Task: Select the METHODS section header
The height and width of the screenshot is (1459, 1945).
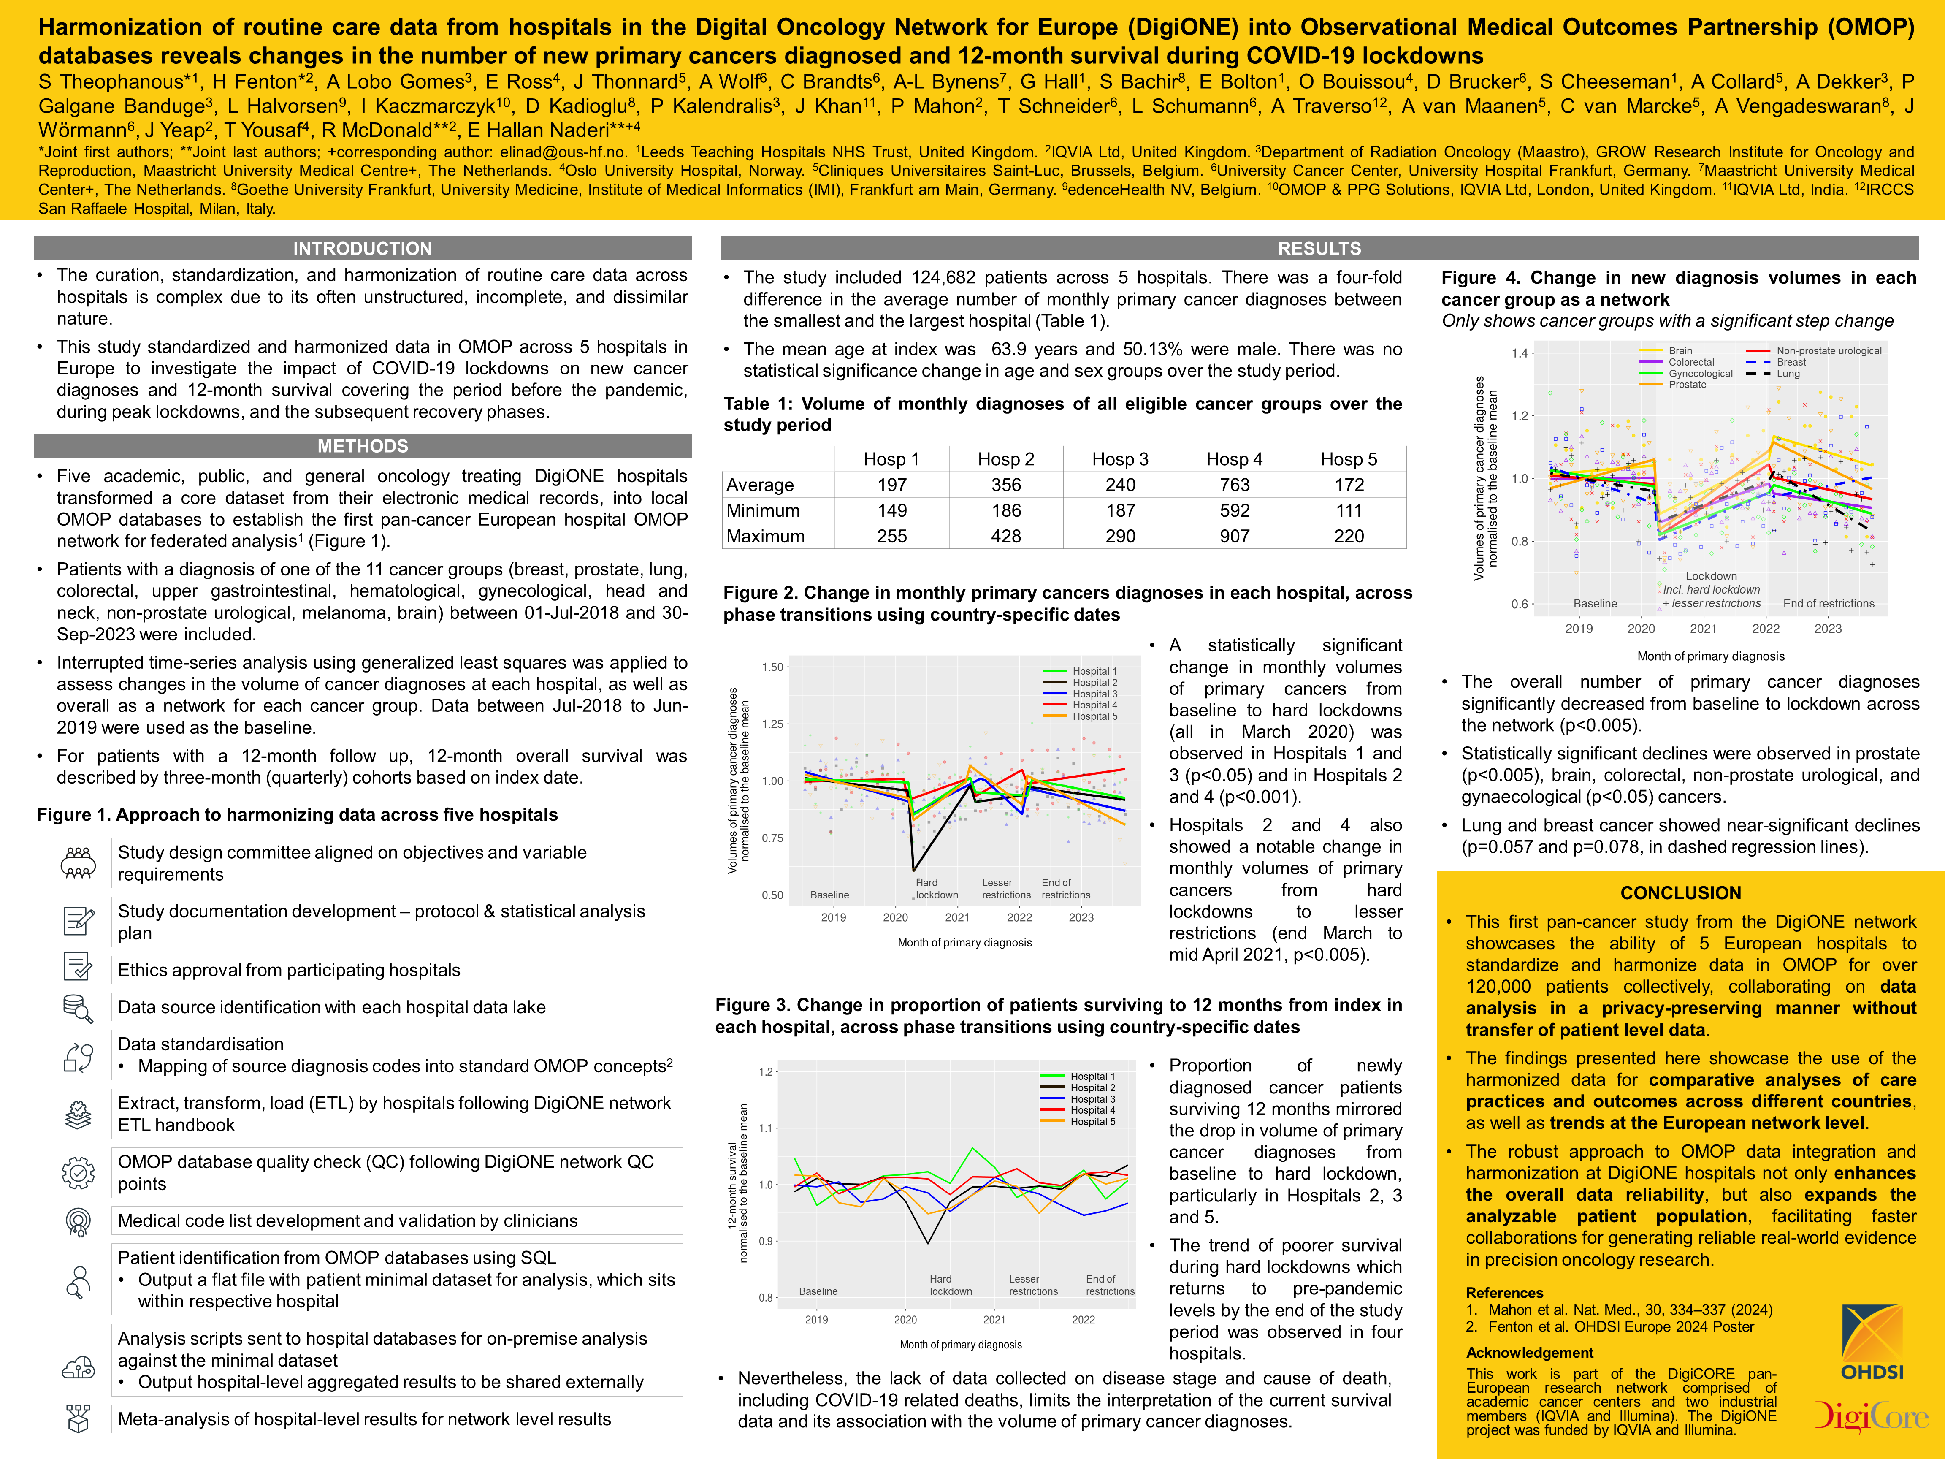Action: (x=362, y=446)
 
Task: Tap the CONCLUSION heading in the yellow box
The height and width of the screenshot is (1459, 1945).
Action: (x=1680, y=892)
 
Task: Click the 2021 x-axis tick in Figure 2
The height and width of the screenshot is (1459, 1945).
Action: (x=957, y=917)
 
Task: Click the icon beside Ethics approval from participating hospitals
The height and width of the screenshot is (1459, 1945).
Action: (x=78, y=968)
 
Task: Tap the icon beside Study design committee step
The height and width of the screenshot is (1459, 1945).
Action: (x=78, y=863)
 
